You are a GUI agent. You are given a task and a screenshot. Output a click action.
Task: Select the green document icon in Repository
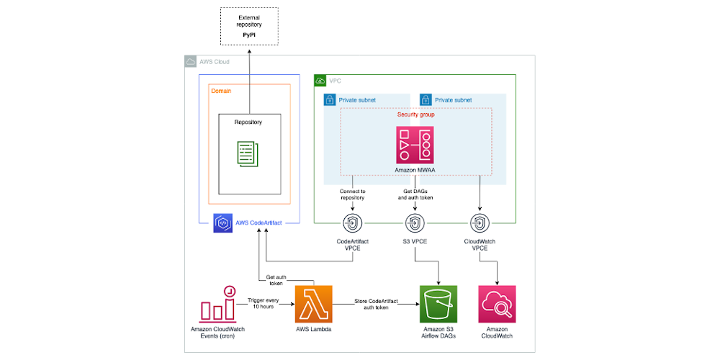tap(248, 152)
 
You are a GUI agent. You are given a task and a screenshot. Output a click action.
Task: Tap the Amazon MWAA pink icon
tap(415, 144)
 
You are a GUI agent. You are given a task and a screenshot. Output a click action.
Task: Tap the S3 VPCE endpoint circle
tap(415, 222)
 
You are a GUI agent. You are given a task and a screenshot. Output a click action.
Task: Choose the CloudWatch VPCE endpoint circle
tap(479, 222)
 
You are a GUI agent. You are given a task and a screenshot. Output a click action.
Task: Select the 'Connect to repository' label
tap(352, 194)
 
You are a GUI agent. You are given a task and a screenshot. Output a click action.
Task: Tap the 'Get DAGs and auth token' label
tap(415, 194)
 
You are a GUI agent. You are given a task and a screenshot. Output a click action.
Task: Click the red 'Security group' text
tap(415, 114)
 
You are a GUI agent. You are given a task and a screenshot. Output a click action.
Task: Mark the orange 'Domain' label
tap(221, 91)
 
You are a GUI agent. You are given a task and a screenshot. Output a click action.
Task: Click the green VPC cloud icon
tap(320, 80)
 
